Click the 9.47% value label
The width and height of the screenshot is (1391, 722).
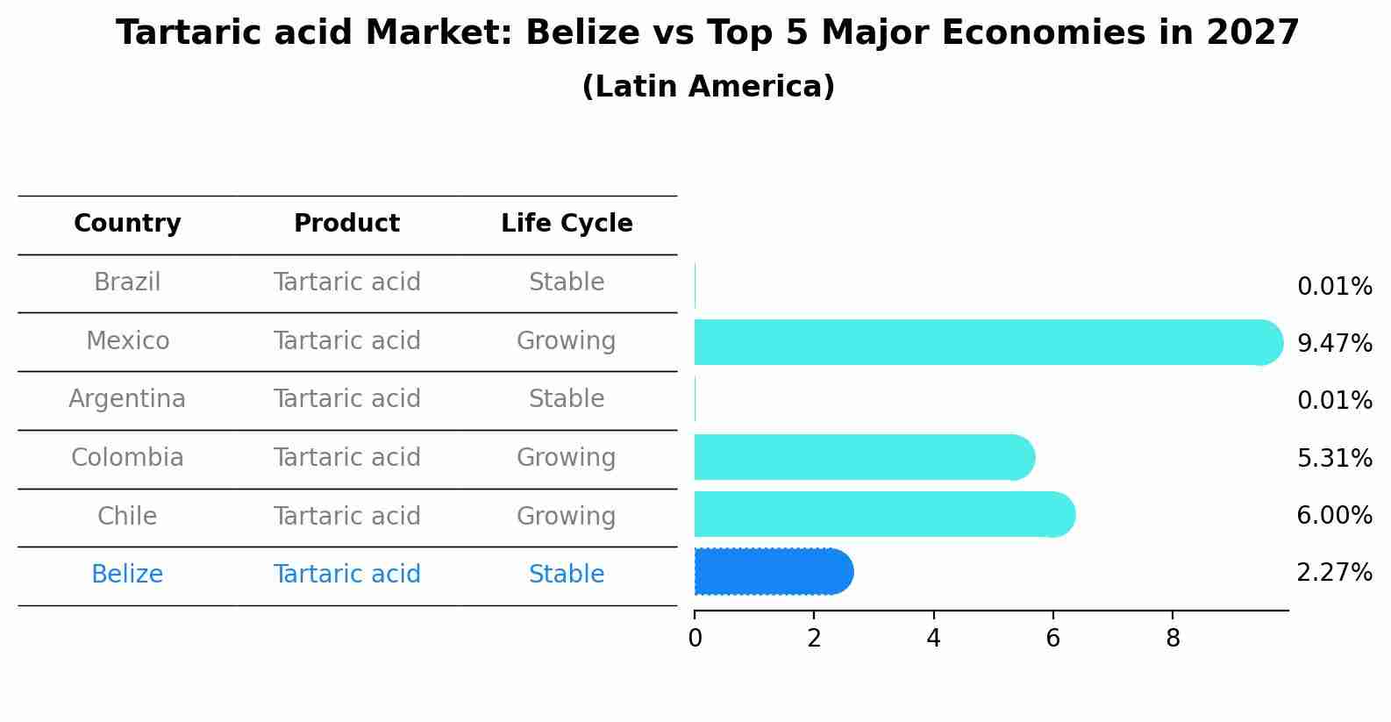coord(1334,344)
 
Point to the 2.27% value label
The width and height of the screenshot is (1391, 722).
coord(1334,573)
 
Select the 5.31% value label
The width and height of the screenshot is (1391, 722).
coord(1334,459)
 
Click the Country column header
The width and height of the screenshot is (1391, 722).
coord(127,224)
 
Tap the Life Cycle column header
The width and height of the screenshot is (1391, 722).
coord(567,224)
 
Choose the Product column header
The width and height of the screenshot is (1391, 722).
coord(346,224)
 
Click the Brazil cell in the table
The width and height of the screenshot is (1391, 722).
coord(127,282)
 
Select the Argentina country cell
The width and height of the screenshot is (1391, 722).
coord(127,399)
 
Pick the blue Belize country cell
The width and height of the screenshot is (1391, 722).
coord(127,575)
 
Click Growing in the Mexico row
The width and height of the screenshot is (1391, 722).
coord(566,340)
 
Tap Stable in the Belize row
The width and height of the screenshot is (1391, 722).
coord(567,575)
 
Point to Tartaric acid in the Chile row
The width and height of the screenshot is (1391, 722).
coord(346,516)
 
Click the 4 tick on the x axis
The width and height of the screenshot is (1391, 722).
coord(933,639)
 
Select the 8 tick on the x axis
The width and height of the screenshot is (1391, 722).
coord(1173,639)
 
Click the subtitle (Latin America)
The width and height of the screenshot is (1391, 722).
coord(708,87)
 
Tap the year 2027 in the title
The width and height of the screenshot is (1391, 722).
coord(1252,33)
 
